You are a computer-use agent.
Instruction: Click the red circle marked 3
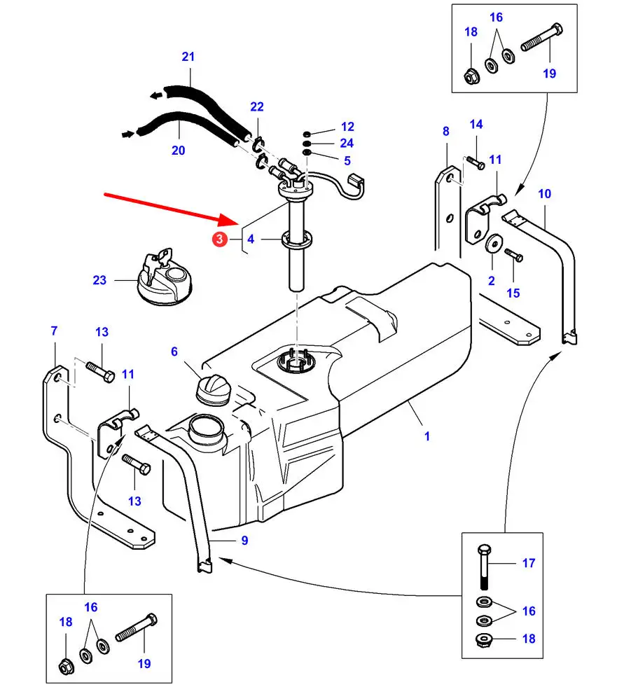coord(220,240)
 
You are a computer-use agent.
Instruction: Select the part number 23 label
coord(99,280)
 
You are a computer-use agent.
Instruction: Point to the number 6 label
coord(174,352)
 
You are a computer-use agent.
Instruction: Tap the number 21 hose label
coord(188,56)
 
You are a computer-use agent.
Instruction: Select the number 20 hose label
coord(178,150)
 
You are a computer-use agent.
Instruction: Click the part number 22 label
coord(257,106)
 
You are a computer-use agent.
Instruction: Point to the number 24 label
coord(347,143)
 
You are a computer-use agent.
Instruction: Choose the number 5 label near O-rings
coord(347,160)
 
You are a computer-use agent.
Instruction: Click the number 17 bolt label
coord(529,562)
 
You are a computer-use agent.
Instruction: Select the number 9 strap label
coord(244,540)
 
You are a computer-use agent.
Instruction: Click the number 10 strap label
coord(544,193)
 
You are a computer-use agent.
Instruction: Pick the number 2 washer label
coord(492,282)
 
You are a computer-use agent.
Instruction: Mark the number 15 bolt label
coord(513,293)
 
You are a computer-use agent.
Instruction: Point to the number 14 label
coord(476,125)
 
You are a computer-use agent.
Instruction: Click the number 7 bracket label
coord(54,331)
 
